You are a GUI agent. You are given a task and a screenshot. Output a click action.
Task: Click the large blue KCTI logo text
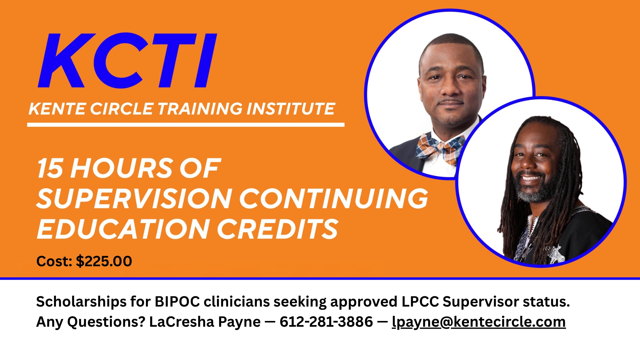[127, 60]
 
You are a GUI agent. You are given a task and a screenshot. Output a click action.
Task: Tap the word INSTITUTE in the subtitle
[291, 108]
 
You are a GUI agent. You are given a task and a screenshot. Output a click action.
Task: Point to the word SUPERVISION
[134, 198]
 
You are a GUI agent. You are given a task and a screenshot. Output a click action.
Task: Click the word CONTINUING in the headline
[334, 198]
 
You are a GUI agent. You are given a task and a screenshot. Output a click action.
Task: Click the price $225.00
[104, 261]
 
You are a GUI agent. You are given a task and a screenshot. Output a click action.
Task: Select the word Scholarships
[81, 302]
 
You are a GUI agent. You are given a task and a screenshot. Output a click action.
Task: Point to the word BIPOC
[177, 301]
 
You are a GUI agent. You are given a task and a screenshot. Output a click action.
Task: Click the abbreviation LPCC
[420, 301]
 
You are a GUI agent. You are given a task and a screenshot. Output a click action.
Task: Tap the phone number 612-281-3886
[326, 322]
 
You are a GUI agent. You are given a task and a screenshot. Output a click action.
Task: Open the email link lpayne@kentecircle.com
[479, 322]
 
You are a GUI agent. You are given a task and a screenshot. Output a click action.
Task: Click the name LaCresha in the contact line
[182, 322]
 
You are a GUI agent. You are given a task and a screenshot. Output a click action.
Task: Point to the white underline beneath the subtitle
[186, 125]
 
